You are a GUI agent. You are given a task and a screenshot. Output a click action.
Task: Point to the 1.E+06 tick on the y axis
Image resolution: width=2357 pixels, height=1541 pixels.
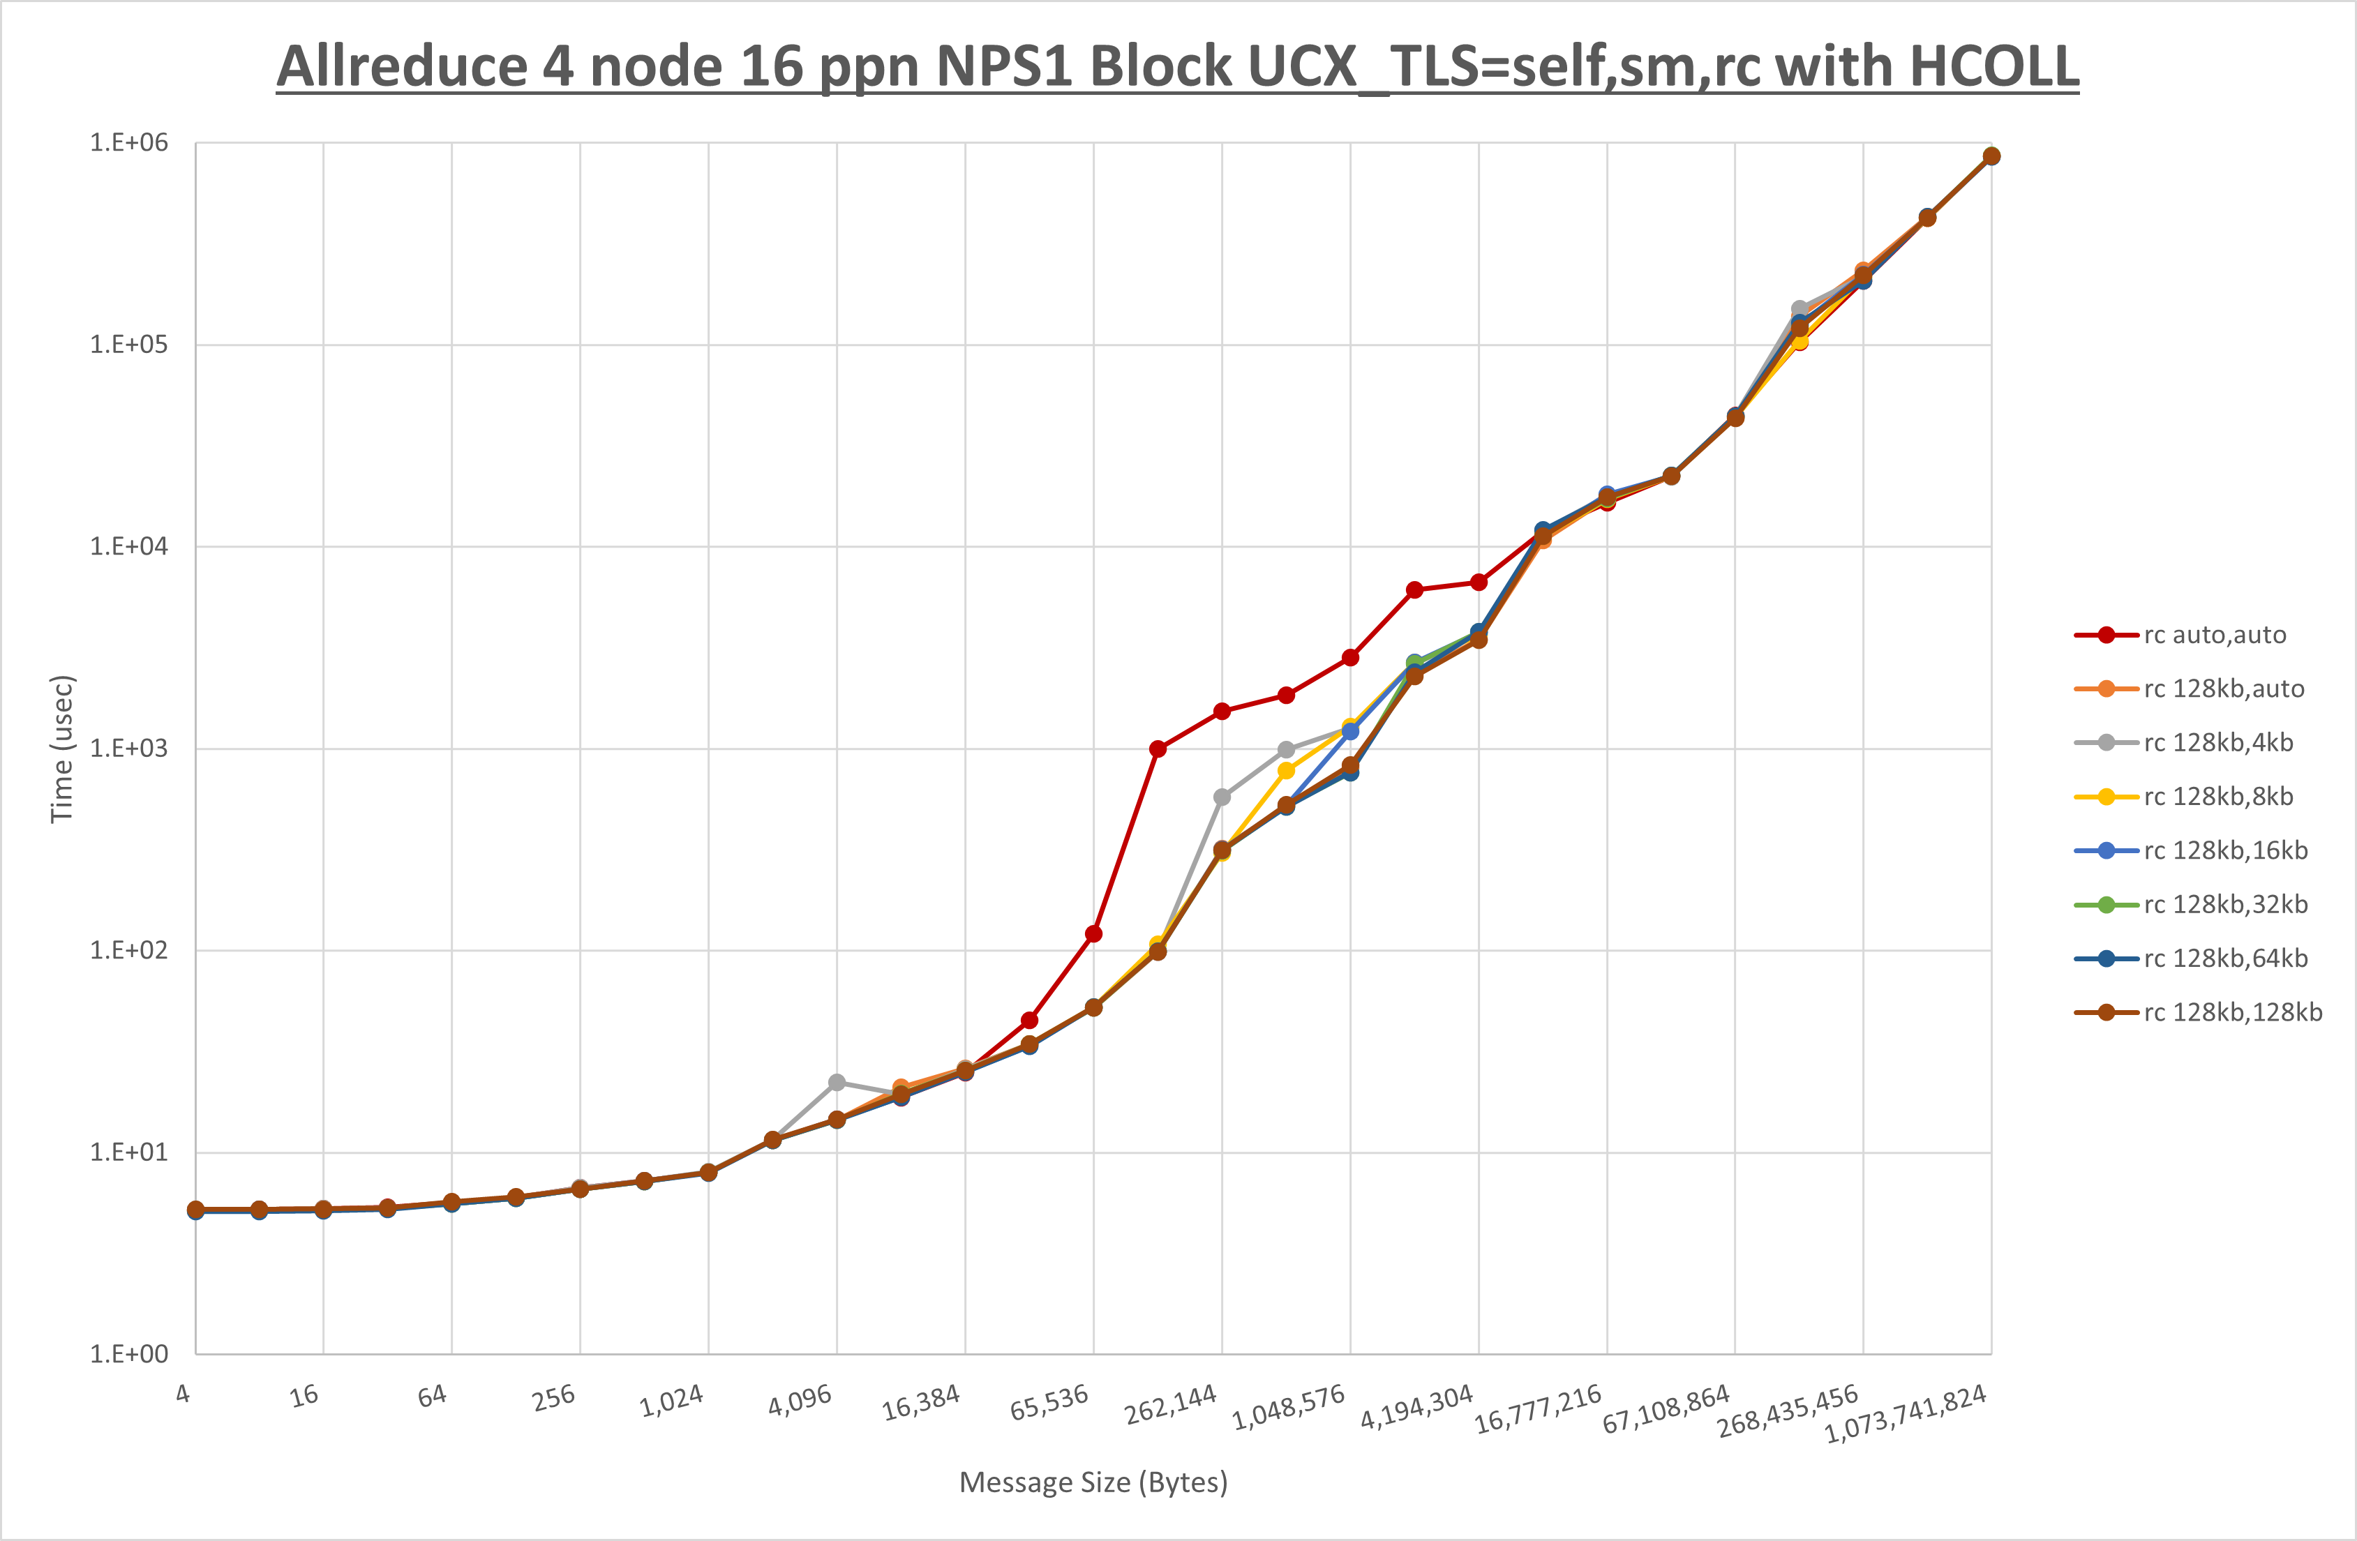129,142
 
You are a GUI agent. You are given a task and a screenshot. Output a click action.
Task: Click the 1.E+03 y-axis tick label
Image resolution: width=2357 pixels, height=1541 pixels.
129,748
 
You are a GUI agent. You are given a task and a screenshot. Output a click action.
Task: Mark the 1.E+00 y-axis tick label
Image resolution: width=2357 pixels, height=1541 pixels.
129,1354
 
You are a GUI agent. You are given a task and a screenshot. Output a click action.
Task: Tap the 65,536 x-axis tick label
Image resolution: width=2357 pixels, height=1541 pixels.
1049,1402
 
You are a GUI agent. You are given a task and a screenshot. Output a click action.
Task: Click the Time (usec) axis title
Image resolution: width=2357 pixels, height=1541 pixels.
61,749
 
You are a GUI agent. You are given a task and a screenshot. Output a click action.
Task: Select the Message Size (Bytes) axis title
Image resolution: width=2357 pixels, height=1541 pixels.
1093,1482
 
